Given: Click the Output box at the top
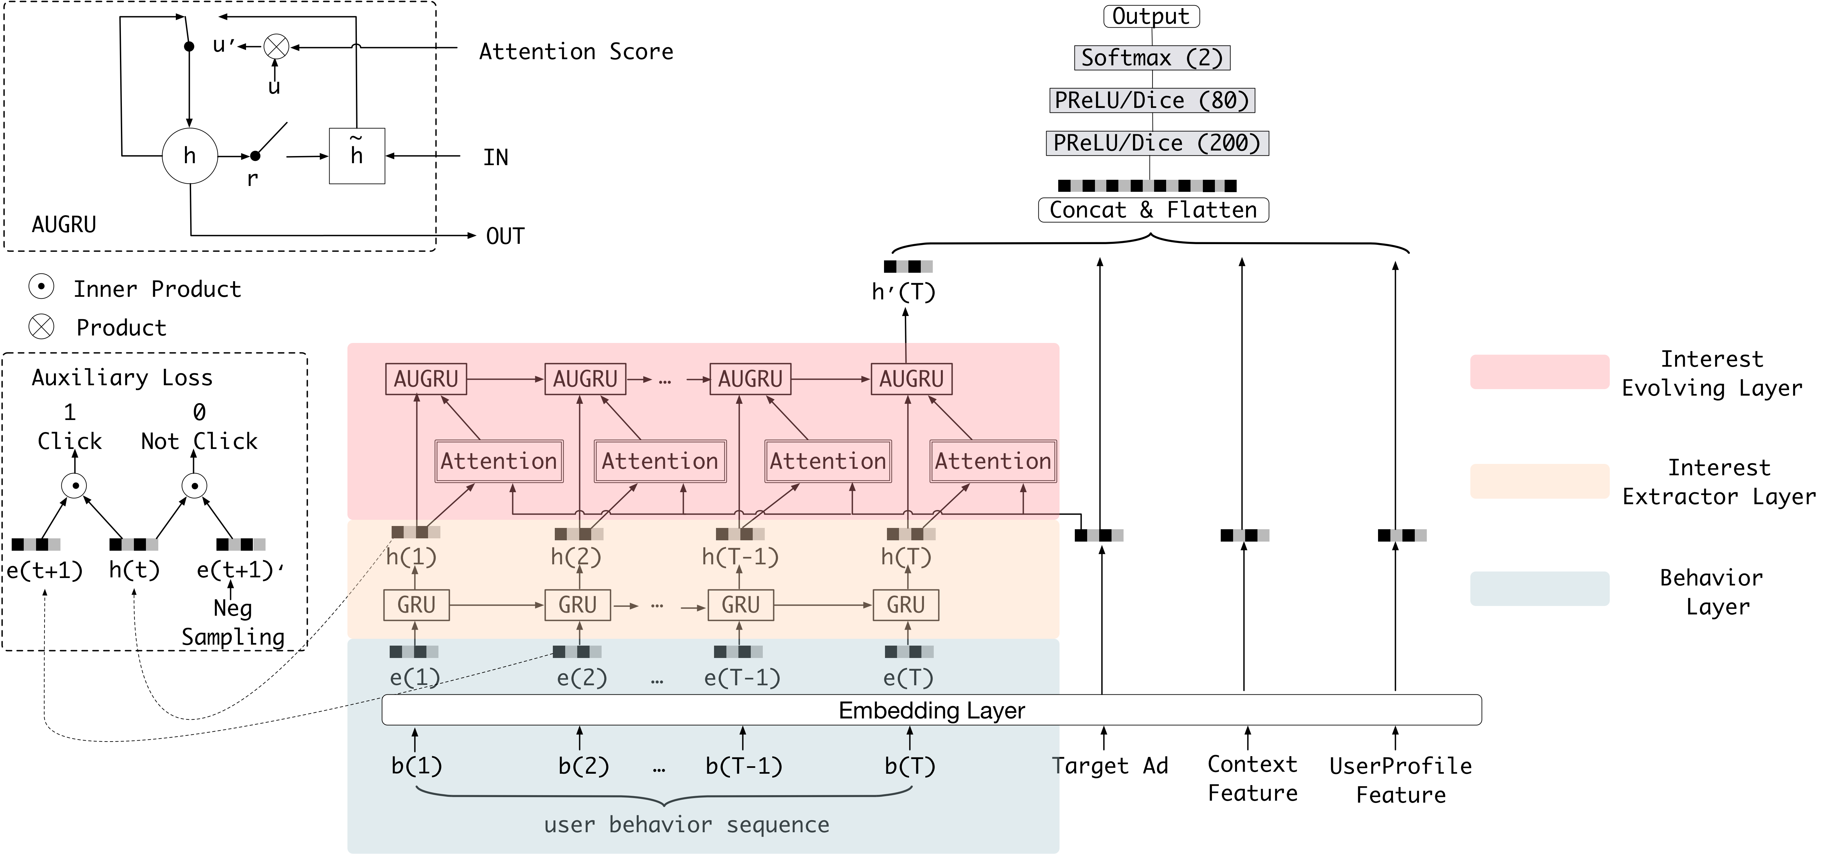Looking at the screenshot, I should (x=1151, y=16).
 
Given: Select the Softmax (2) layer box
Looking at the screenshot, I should (x=1152, y=58).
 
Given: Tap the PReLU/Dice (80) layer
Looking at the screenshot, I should (x=1152, y=100).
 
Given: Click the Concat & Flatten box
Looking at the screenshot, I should (x=1153, y=210).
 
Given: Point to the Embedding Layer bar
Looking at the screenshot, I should (x=931, y=710).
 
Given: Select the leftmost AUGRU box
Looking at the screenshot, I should (x=426, y=379).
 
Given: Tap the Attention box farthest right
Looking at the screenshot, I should (x=992, y=461).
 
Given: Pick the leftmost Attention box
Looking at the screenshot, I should (x=499, y=461).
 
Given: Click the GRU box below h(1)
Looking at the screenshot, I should (x=416, y=605).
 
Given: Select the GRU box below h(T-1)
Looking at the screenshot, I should (x=740, y=605).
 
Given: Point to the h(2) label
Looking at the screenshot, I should (x=576, y=557).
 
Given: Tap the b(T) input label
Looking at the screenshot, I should (x=910, y=766).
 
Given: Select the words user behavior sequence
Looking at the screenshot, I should (x=686, y=825).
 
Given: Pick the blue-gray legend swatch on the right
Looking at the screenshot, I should (x=1539, y=589).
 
